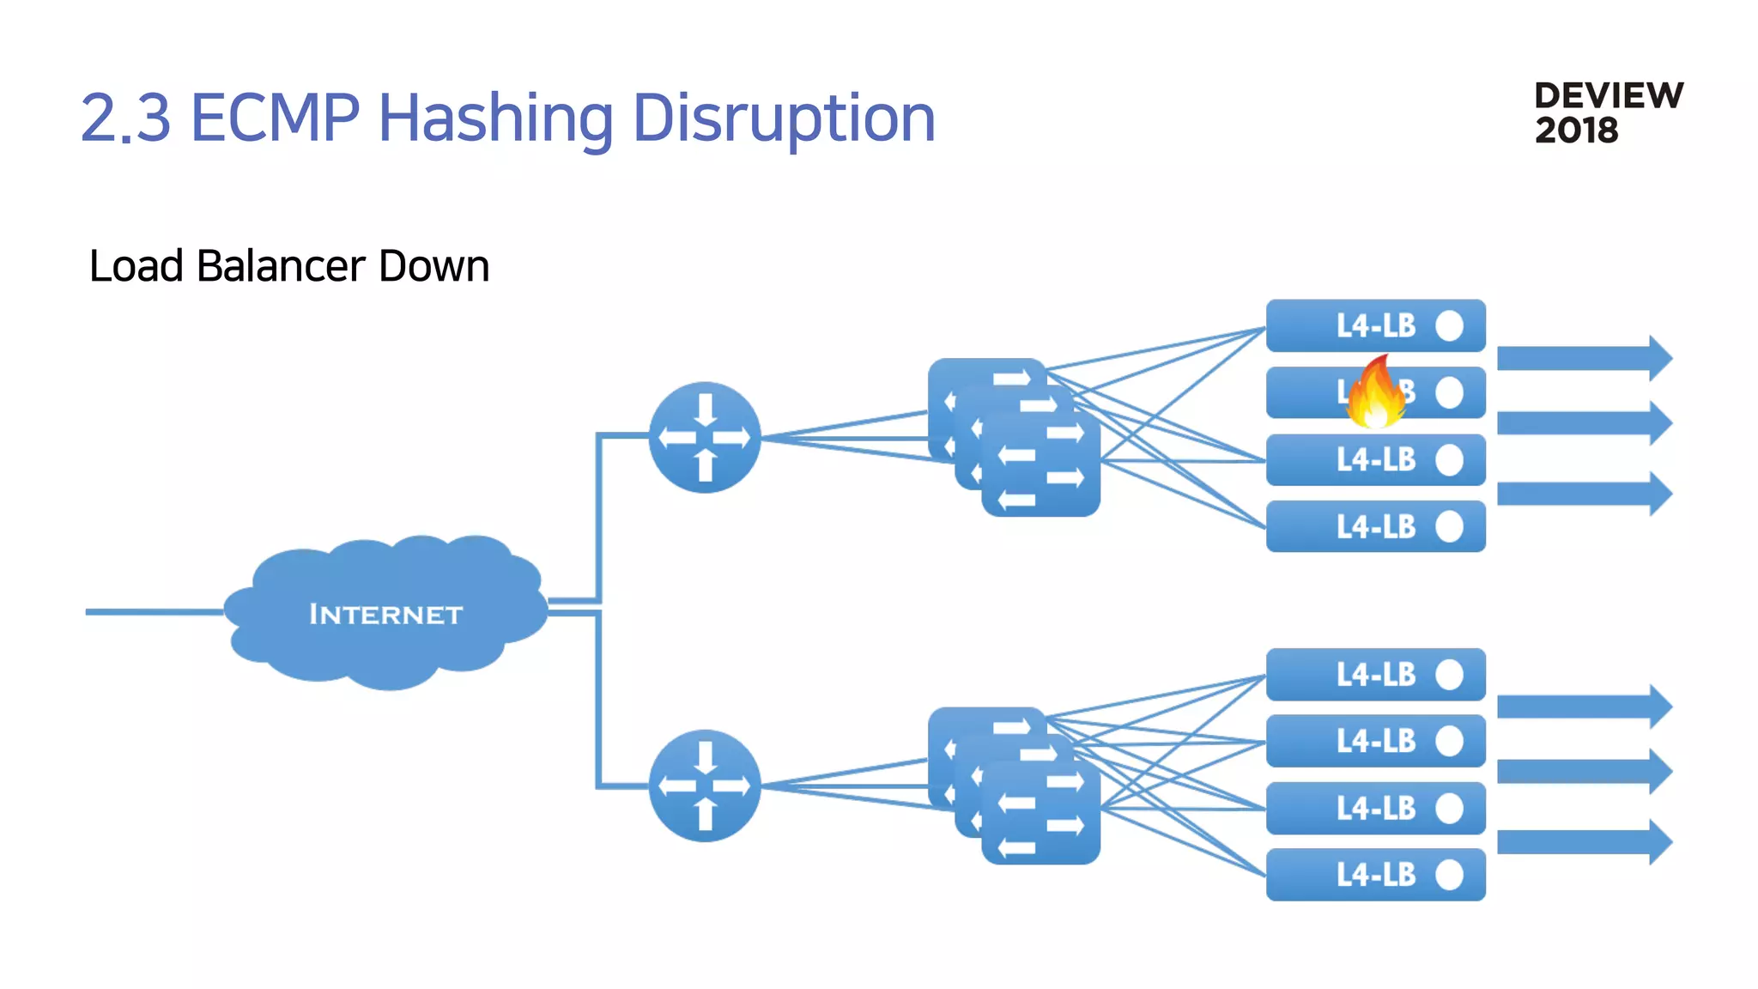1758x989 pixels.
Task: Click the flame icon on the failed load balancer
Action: pos(1376,394)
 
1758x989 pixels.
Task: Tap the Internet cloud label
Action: pos(385,615)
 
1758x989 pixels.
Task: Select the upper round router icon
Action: pos(705,437)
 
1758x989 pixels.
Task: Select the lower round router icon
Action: pos(705,786)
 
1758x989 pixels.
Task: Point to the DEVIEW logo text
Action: pos(1609,96)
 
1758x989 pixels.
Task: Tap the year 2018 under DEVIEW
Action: pos(1576,130)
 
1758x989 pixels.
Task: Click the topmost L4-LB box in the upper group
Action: pos(1375,325)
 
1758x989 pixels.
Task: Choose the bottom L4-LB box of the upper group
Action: pos(1375,526)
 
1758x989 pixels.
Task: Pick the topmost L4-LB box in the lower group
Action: pos(1375,675)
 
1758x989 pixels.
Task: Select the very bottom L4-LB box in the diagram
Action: pos(1375,875)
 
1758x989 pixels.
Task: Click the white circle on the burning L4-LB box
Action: pos(1449,392)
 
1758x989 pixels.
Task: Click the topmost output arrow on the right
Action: pos(1584,358)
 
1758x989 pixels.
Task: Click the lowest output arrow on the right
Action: pos(1584,842)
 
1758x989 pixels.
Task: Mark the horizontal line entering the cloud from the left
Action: pos(155,612)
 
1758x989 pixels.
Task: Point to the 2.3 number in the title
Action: pos(126,118)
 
